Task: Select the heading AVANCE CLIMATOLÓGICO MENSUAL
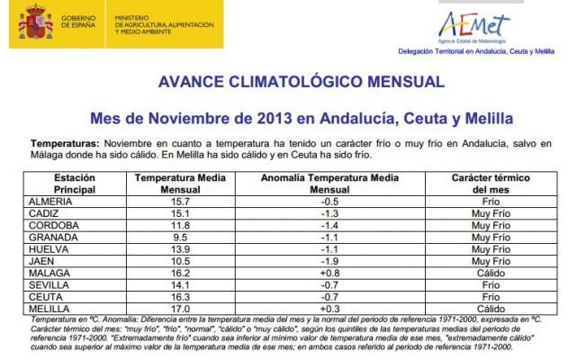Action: [x=301, y=82]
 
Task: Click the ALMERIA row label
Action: [x=56, y=202]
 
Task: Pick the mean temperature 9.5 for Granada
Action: [x=180, y=237]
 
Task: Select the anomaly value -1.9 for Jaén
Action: [x=329, y=260]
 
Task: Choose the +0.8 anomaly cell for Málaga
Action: [x=329, y=272]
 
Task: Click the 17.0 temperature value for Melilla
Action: [x=180, y=308]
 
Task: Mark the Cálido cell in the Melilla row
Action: [x=491, y=308]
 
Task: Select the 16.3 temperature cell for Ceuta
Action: [x=180, y=295]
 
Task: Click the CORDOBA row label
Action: [x=56, y=225]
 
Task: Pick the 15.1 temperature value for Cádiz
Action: [x=180, y=213]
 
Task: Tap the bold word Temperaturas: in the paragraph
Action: [x=65, y=144]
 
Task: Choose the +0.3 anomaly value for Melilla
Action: [x=329, y=308]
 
